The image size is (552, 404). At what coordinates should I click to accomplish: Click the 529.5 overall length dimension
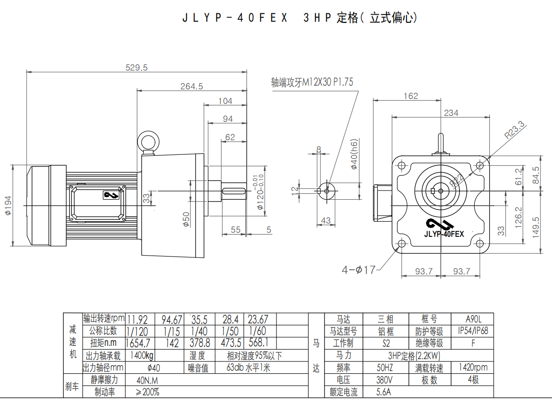(x=136, y=67)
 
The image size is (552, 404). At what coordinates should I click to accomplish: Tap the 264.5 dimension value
(x=191, y=86)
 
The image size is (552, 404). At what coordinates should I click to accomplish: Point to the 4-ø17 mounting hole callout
(x=358, y=270)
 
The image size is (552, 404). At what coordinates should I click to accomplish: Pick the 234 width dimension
(x=451, y=113)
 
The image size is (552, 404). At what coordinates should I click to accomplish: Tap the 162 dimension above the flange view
(x=411, y=96)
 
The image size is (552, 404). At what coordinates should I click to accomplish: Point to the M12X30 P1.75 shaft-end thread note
(x=312, y=82)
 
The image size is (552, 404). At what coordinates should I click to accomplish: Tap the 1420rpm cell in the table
(x=472, y=367)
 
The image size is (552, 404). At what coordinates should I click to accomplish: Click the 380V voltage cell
(x=384, y=380)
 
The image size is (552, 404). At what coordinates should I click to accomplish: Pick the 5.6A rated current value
(x=384, y=392)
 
